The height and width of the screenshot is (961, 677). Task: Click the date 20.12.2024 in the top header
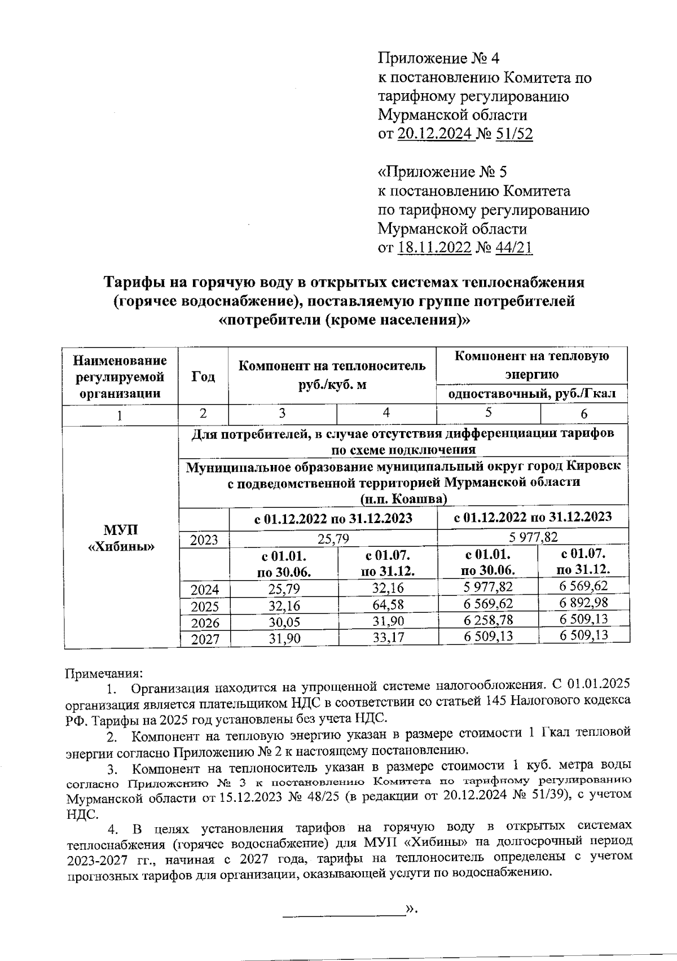tap(436, 134)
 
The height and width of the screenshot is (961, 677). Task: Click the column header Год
tap(203, 376)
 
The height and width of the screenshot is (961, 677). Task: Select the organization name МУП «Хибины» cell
tap(122, 538)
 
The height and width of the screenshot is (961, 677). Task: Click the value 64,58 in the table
tap(388, 605)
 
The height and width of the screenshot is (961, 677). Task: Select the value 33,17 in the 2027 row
tap(388, 638)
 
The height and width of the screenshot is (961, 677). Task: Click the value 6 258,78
tap(488, 620)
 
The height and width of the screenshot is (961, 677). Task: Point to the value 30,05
tap(284, 622)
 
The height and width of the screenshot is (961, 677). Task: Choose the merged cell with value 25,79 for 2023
tap(333, 539)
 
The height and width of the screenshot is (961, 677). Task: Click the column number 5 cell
tap(489, 413)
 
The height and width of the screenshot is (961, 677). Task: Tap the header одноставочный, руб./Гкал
tap(532, 393)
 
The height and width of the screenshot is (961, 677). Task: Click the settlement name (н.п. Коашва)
tap(404, 499)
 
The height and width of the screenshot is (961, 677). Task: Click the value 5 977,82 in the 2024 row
tap(489, 587)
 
